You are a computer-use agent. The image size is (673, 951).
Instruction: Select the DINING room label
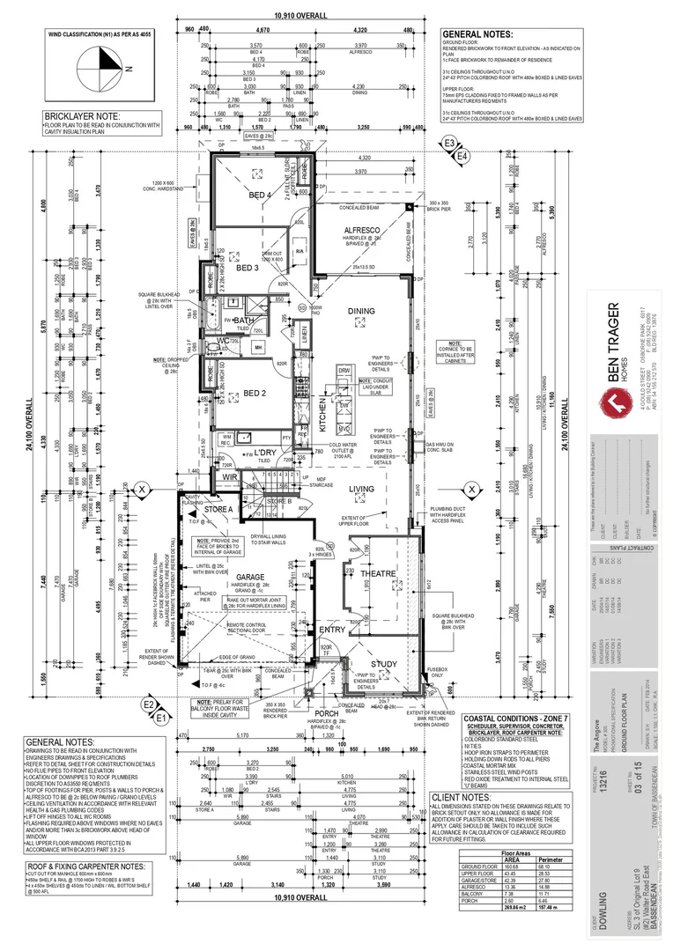(360, 311)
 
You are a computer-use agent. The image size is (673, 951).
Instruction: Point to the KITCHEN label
(323, 409)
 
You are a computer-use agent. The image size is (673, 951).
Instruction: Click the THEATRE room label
(378, 574)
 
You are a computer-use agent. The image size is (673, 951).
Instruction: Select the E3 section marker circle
(450, 143)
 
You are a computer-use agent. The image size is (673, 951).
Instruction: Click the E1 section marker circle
(160, 718)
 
